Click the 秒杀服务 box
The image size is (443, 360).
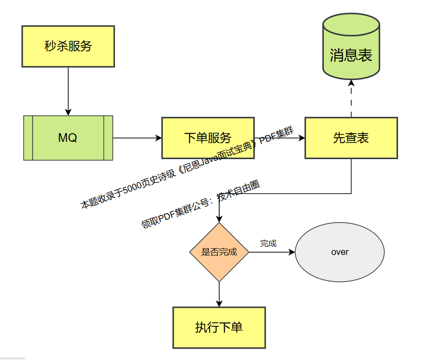point(68,46)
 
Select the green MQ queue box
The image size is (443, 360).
point(68,138)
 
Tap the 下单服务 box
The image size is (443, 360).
point(208,138)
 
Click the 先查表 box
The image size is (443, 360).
point(351,138)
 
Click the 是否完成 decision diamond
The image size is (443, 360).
point(219,252)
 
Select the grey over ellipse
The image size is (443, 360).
point(340,252)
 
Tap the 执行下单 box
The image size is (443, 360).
point(219,327)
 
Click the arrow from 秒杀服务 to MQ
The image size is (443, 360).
point(68,91)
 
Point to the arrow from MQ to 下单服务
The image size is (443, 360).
point(136,138)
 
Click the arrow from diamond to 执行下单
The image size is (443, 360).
point(219,294)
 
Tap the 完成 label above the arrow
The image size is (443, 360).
point(268,244)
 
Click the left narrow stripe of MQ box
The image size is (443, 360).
point(28,138)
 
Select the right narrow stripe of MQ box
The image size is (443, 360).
point(108,138)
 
